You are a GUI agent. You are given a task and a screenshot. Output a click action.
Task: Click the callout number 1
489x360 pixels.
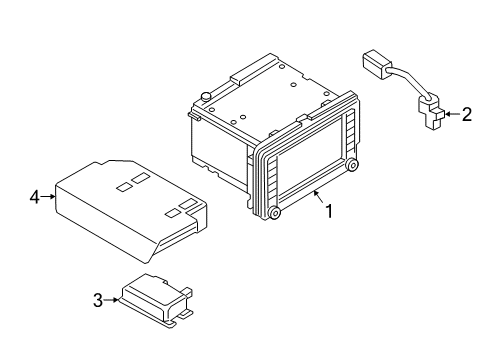pyautogui.click(x=329, y=211)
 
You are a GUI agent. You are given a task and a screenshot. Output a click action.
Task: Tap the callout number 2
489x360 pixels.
pyautogui.click(x=467, y=114)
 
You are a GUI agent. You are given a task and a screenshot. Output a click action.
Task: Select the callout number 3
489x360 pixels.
pyautogui.click(x=98, y=300)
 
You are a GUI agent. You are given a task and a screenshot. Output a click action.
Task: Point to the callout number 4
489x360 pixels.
pyautogui.click(x=35, y=197)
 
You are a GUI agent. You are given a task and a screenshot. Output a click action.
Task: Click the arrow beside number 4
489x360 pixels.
pyautogui.click(x=48, y=197)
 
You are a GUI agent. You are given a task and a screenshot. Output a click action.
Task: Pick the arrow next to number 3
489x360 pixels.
pyautogui.click(x=111, y=300)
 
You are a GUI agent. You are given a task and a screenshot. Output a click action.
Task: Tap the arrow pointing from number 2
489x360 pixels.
pyautogui.click(x=452, y=114)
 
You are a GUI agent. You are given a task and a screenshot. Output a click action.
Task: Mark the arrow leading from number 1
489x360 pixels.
pyautogui.click(x=318, y=197)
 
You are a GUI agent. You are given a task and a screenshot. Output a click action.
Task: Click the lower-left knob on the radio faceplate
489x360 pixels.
pyautogui.click(x=274, y=213)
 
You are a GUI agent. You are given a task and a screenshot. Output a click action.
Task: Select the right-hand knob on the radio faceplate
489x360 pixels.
pyautogui.click(x=352, y=164)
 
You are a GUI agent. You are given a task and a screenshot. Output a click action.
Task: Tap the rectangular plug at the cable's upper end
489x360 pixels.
pyautogui.click(x=376, y=64)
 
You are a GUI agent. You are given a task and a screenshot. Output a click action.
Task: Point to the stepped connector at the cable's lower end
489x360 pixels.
pyautogui.click(x=431, y=111)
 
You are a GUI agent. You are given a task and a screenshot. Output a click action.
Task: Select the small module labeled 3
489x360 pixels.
pyautogui.click(x=156, y=301)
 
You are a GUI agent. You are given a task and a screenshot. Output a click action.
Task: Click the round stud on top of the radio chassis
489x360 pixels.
pyautogui.click(x=206, y=96)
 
